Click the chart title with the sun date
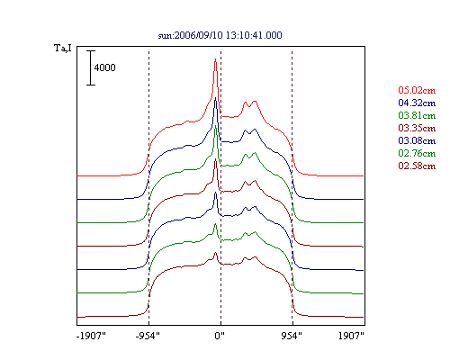click(x=220, y=35)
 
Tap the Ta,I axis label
click(x=63, y=48)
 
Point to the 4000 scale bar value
click(x=104, y=67)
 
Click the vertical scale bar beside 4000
click(x=91, y=67)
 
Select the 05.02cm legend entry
click(x=417, y=90)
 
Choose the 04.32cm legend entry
click(x=417, y=103)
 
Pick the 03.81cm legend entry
click(x=417, y=115)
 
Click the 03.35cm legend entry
click(x=417, y=128)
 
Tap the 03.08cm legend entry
click(x=417, y=140)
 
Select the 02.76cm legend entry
click(x=417, y=153)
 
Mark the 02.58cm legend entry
click(x=417, y=166)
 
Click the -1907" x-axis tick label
click(x=91, y=336)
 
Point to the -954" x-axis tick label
click(x=148, y=336)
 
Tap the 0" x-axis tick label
click(x=220, y=336)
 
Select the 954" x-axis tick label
click(x=292, y=336)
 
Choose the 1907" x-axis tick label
click(x=351, y=336)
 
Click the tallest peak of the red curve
click(x=215, y=59)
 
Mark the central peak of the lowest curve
click(x=215, y=253)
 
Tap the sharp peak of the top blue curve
click(x=215, y=98)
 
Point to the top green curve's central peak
click(x=215, y=125)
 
